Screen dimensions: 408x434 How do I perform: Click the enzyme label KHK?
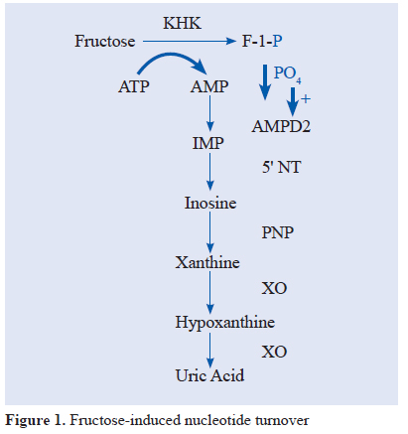[182, 23]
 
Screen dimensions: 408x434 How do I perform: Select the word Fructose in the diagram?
[105, 41]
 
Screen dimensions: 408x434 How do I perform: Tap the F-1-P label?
[262, 41]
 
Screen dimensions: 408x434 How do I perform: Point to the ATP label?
[134, 86]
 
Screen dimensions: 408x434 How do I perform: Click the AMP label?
[209, 86]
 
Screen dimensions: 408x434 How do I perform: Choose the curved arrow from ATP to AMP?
[171, 55]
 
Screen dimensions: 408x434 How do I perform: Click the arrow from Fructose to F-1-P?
[190, 41]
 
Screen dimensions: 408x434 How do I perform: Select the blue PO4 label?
[287, 73]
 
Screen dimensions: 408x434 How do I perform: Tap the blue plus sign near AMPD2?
[306, 98]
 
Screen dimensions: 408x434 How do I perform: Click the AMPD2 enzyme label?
[281, 126]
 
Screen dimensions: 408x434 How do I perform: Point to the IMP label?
[208, 143]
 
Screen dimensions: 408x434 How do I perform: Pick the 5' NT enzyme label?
[282, 167]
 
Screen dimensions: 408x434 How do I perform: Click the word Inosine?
[210, 203]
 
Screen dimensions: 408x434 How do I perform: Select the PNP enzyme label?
[278, 232]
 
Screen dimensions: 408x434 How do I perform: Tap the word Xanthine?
[207, 262]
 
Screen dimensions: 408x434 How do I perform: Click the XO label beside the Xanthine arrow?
[274, 288]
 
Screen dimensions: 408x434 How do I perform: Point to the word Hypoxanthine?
[225, 322]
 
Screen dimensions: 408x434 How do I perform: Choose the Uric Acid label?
[209, 375]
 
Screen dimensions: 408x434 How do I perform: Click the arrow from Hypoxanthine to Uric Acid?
[209, 351]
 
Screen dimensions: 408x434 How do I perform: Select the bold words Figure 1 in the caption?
[35, 420]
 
